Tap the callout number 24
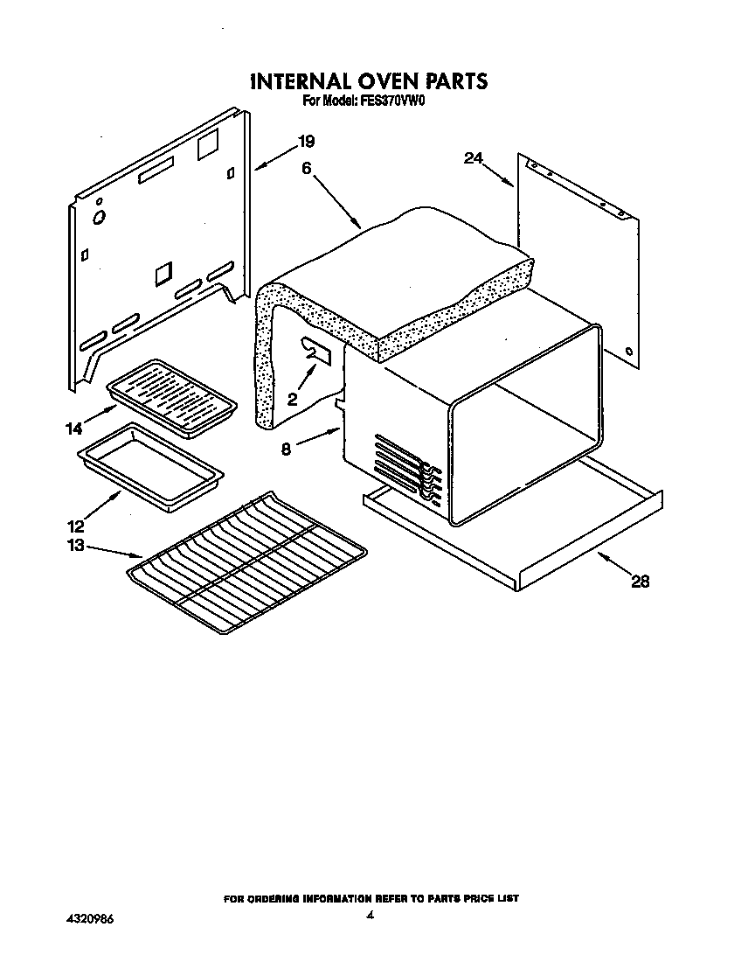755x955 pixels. tap(473, 158)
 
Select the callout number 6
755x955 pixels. tap(307, 170)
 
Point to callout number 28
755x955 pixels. tap(640, 582)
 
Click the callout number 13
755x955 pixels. tap(74, 545)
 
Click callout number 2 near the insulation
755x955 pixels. tap(292, 398)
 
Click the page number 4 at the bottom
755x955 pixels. tap(371, 916)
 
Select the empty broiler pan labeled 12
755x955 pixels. tap(150, 467)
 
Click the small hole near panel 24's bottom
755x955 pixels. tap(629, 352)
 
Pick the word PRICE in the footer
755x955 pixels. tap(474, 898)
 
